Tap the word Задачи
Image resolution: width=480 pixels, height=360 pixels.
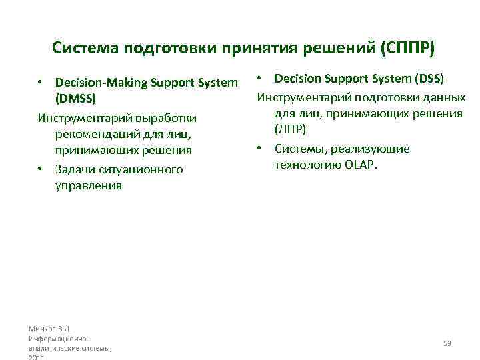pyautogui.click(x=77, y=169)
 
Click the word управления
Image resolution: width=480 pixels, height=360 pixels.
pyautogui.click(x=89, y=186)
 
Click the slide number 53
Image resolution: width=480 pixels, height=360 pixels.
pyautogui.click(x=447, y=343)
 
